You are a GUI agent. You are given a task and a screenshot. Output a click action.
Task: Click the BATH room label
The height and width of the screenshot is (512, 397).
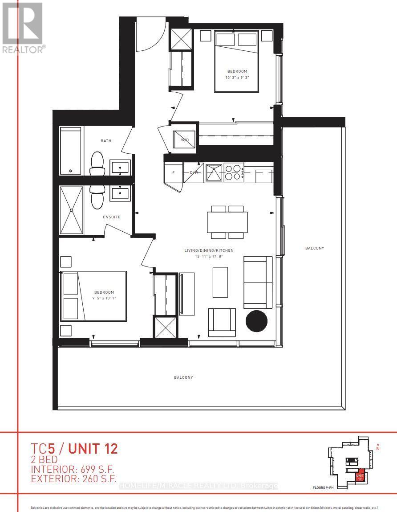106,141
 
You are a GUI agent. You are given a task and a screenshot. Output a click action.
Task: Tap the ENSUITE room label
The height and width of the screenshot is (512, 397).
111,217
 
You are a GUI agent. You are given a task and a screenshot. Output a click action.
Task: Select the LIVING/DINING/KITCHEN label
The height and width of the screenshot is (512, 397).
209,250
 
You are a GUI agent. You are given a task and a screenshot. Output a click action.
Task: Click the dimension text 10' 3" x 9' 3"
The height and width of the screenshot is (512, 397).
237,78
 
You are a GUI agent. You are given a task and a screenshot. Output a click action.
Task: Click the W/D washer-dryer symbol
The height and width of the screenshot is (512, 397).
184,139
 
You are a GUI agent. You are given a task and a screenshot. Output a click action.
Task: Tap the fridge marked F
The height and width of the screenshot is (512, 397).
173,172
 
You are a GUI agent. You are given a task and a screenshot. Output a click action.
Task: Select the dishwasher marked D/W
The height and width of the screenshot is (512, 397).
194,172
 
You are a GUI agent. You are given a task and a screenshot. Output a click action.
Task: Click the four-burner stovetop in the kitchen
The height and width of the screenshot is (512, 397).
234,172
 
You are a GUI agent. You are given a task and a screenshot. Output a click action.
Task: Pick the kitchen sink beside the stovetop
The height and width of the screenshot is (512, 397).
213,172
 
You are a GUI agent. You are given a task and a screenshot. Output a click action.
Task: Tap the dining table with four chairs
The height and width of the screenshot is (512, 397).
227,222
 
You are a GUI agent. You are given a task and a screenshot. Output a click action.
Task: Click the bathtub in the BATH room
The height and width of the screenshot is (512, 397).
71,151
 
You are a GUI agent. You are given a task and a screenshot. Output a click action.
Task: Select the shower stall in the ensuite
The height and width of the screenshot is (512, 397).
72,210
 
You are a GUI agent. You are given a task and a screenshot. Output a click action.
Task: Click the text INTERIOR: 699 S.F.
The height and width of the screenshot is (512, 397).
72,469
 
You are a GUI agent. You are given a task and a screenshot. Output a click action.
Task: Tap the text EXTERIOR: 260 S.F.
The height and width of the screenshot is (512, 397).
73,479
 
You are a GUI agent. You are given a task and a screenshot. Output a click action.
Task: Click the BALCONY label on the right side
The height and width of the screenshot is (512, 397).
314,248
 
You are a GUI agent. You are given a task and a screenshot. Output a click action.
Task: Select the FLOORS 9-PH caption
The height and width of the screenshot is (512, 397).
325,487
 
